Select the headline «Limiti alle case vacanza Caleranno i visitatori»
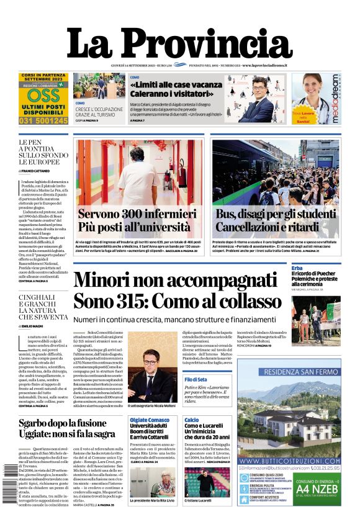pyautogui.click(x=171, y=89)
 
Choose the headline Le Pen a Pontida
pyautogui.click(x=40, y=153)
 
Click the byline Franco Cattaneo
pyautogui.click(x=38, y=169)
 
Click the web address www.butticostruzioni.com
pyautogui.click(x=289, y=461)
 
